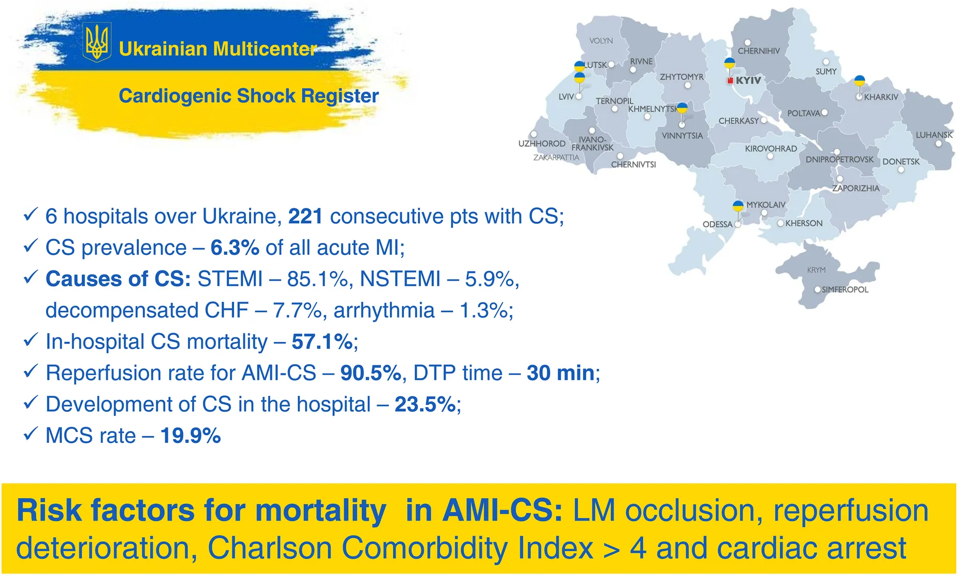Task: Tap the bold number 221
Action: (306, 217)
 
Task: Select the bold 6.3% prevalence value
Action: (235, 248)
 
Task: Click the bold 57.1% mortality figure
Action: (323, 341)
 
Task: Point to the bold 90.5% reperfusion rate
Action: (371, 373)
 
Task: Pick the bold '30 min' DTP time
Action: (560, 373)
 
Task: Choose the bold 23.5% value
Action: (425, 404)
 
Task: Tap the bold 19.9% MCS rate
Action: (191, 436)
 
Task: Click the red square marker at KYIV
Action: (730, 81)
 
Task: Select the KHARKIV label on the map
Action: (881, 97)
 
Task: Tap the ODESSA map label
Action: (717, 224)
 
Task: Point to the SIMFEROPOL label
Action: (845, 290)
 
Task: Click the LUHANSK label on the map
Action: (934, 135)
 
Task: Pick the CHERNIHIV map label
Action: (759, 51)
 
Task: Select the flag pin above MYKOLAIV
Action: (738, 206)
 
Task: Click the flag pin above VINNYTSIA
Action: (682, 108)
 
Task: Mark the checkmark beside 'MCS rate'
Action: (31, 434)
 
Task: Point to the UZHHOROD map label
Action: (542, 143)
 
